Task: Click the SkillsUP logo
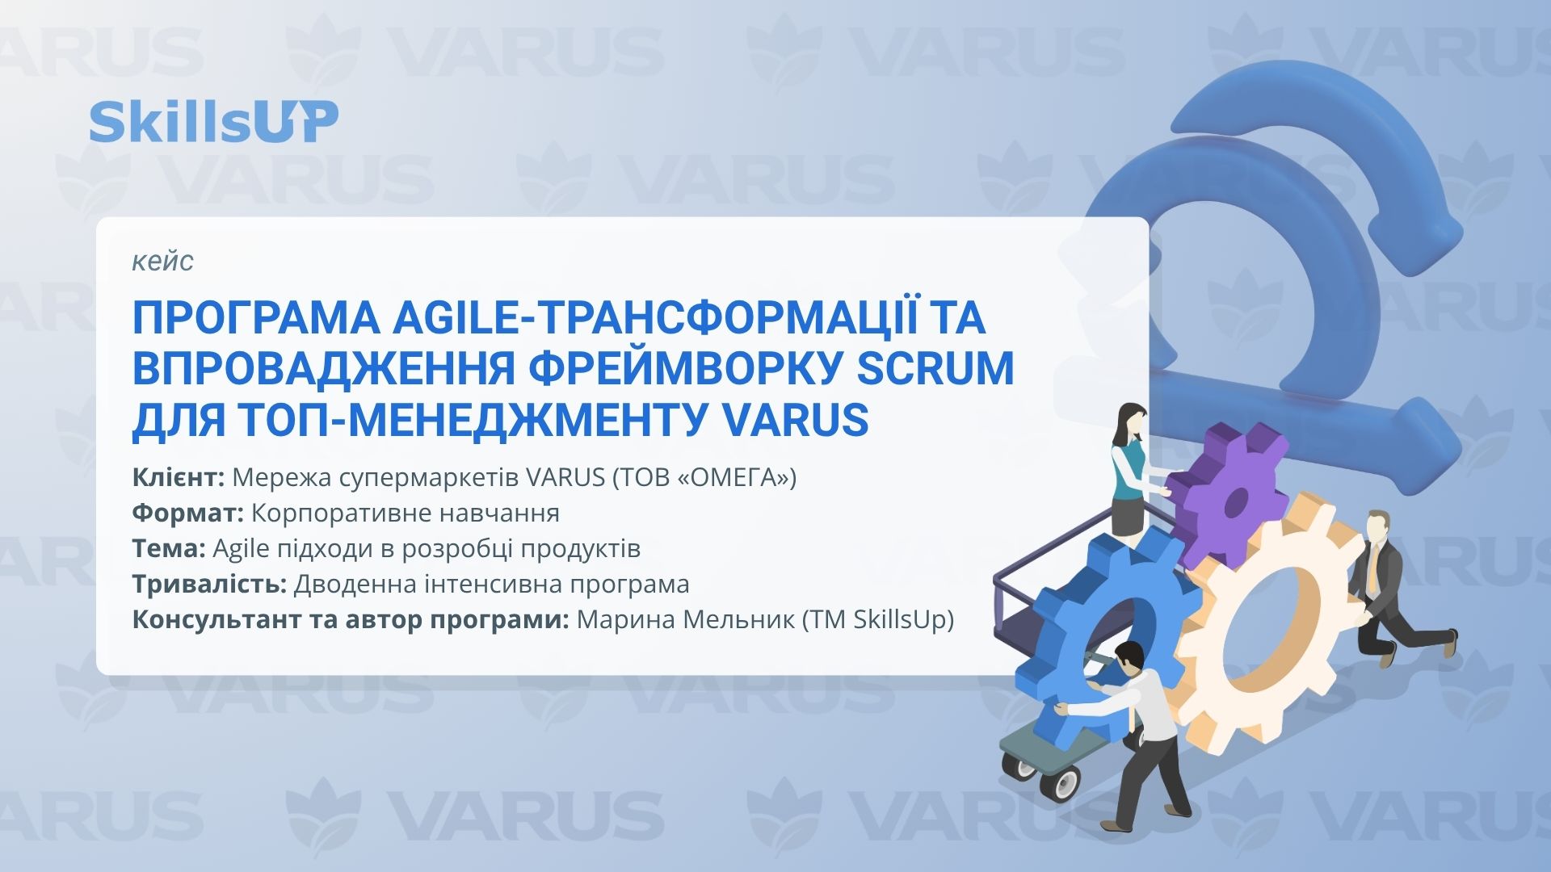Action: (213, 122)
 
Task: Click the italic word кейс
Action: (162, 261)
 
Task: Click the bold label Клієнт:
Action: (179, 477)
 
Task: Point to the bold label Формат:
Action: (188, 513)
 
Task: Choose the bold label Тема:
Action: (169, 548)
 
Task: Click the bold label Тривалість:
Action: (210, 584)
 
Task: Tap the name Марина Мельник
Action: (686, 619)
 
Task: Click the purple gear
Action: (1226, 494)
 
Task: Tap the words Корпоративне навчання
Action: (406, 513)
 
